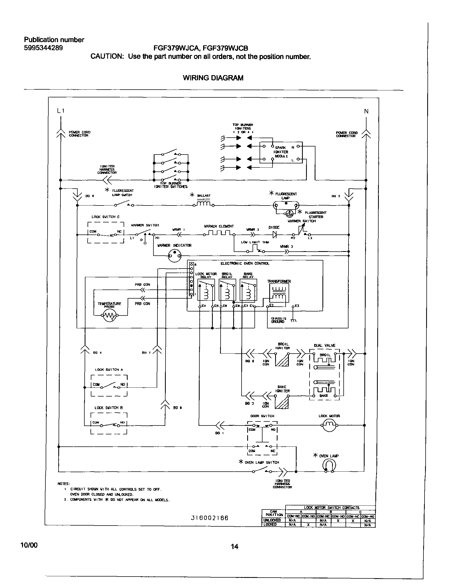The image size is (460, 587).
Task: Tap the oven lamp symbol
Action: [329, 465]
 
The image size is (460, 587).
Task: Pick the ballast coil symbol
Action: [204, 205]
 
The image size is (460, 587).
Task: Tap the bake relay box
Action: [248, 290]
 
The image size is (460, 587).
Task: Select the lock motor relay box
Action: [206, 290]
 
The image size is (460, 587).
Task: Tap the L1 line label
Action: [61, 111]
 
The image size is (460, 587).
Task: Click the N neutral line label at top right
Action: [366, 111]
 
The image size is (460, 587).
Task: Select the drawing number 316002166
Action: [210, 518]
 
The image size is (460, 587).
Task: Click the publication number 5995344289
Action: [43, 48]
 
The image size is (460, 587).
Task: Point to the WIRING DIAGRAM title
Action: [213, 78]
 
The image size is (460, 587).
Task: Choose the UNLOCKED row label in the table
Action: [272, 520]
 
